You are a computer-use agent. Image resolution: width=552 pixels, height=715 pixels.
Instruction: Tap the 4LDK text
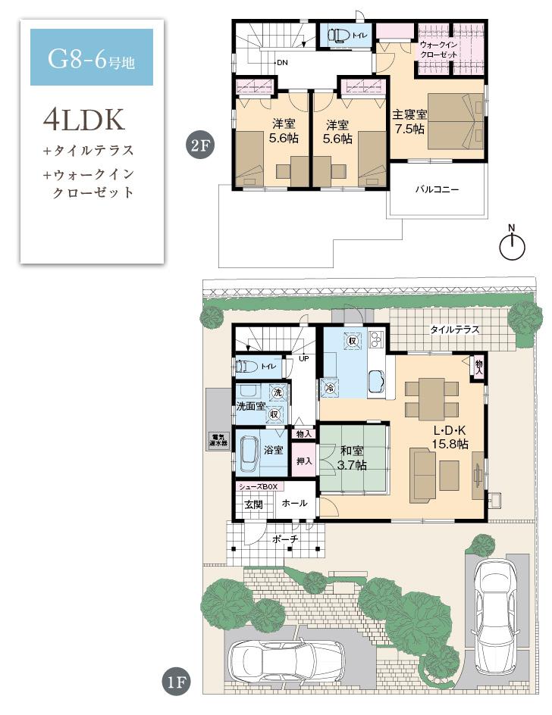tap(83, 120)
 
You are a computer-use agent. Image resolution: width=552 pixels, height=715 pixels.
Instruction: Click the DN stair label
tap(282, 63)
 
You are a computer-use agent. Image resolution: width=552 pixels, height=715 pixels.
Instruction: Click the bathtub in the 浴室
tap(250, 453)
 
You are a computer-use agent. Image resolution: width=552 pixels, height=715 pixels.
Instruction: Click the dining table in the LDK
tap(430, 398)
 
